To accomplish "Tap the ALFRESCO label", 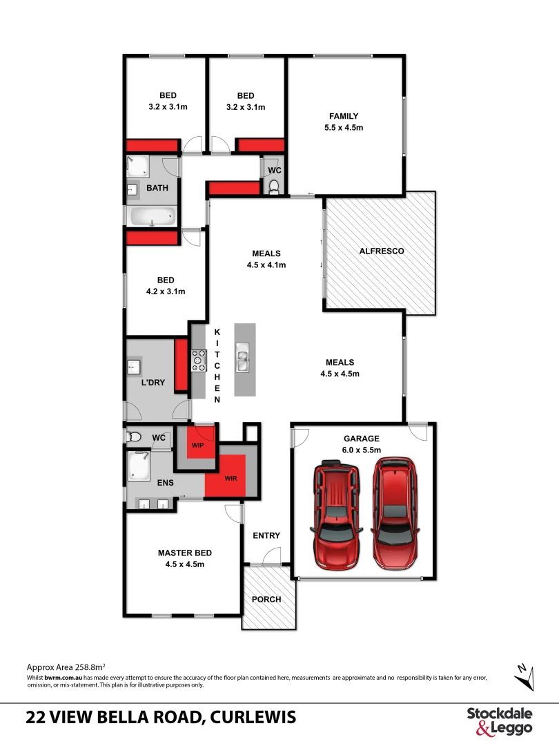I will tap(382, 251).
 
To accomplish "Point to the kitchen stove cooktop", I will tap(199, 361).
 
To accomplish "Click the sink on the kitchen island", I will tap(244, 358).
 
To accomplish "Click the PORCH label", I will tap(266, 599).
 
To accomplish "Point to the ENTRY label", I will tap(266, 535).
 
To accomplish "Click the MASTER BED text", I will tap(184, 553).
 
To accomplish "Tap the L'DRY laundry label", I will tap(153, 382).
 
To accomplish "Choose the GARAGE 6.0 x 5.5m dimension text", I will tap(362, 449).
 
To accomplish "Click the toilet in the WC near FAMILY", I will tap(274, 186).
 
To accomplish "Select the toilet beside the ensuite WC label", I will tap(135, 437).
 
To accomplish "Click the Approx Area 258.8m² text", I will tap(66, 667).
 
